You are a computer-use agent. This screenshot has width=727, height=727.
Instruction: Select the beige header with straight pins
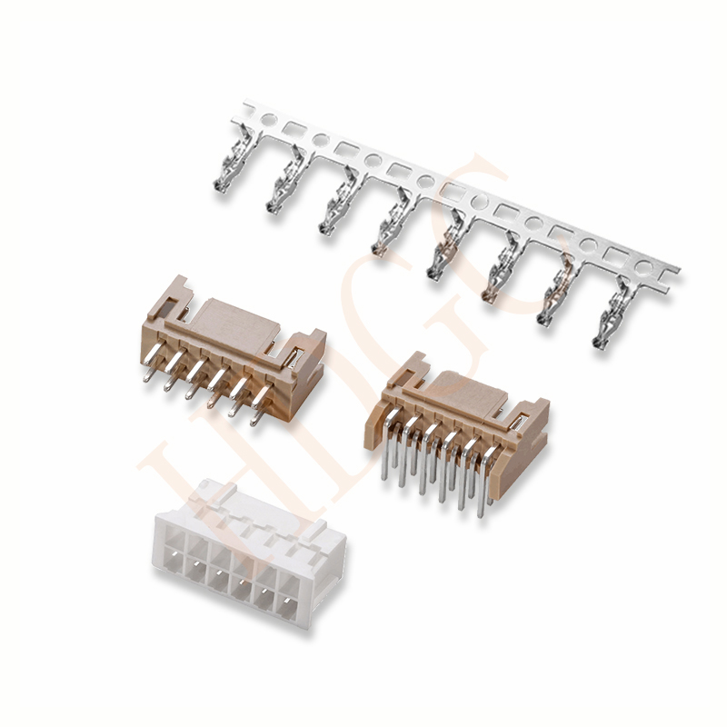[232, 353]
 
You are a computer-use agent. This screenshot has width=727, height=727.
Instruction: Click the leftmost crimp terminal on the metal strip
[231, 160]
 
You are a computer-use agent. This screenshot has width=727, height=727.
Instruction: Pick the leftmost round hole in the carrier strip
[268, 120]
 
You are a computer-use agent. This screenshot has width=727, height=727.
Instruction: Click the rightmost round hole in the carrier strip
[643, 267]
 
